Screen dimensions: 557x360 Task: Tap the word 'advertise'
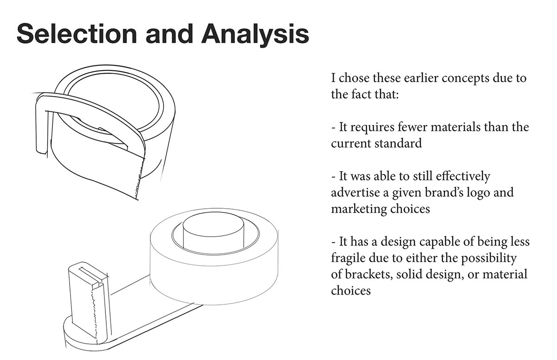point(356,193)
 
